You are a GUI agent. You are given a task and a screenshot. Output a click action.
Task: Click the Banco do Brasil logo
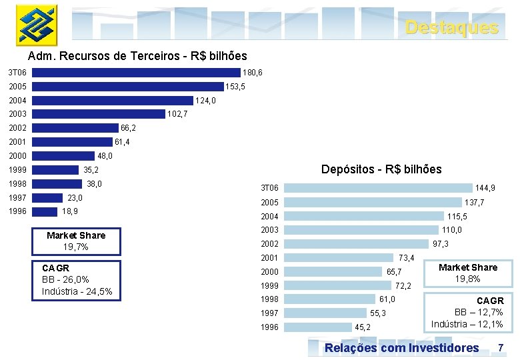tap(37, 25)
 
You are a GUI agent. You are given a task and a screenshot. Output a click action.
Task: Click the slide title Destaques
tap(451, 27)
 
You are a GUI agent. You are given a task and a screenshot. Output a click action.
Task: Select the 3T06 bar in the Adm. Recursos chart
tap(136, 73)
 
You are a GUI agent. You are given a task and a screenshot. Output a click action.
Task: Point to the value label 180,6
tap(253, 73)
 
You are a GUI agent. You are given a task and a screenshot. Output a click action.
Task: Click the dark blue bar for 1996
tap(45, 211)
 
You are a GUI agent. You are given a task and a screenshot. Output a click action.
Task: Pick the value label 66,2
tap(128, 128)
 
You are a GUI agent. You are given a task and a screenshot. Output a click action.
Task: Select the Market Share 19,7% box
tap(76, 241)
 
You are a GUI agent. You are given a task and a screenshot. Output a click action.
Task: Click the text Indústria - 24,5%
tap(77, 291)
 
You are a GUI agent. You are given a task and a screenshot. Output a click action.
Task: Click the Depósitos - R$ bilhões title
tap(381, 169)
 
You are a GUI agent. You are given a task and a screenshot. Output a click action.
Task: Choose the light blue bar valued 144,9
tap(378, 189)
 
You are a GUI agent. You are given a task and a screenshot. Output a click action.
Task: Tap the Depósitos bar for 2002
tap(356, 244)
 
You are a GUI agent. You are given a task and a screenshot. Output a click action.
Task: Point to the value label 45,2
tap(363, 327)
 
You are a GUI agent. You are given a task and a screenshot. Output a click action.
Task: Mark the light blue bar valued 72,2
tap(338, 285)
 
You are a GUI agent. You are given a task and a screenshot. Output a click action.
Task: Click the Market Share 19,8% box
tap(467, 273)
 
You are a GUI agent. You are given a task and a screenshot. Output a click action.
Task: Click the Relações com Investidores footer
tap(401, 348)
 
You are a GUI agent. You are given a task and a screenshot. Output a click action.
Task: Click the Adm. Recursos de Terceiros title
tap(137, 56)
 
